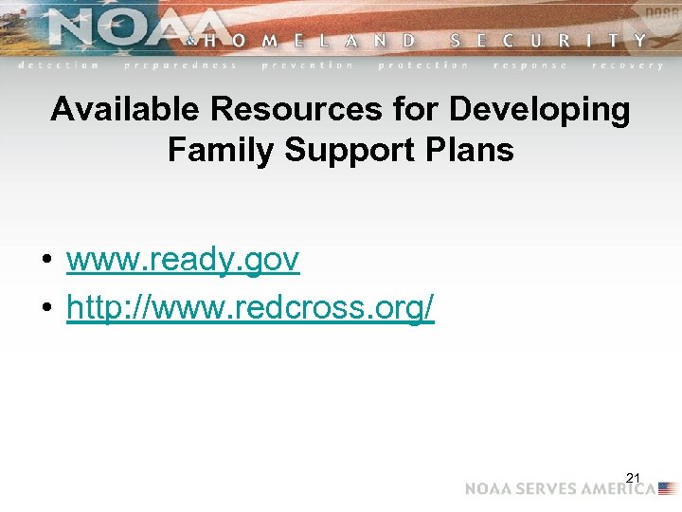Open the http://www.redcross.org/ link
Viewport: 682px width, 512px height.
(x=250, y=306)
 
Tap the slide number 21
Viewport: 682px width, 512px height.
(x=634, y=476)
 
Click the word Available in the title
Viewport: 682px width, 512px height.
(x=126, y=110)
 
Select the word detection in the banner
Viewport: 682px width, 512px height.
(x=59, y=65)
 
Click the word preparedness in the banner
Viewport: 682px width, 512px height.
(x=180, y=65)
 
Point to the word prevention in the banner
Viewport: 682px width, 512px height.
(x=307, y=65)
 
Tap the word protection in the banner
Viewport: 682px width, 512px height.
(x=423, y=65)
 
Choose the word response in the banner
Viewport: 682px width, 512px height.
(x=530, y=65)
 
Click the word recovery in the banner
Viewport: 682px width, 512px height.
(x=627, y=65)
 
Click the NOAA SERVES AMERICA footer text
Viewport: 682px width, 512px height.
(x=559, y=488)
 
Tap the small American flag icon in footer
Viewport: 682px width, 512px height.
(x=668, y=488)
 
